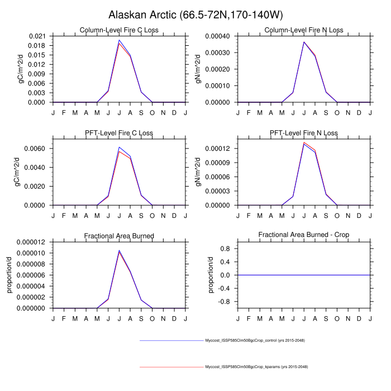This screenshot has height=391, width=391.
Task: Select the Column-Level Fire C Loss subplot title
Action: pyautogui.click(x=119, y=30)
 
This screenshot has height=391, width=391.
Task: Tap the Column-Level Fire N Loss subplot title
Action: pyautogui.click(x=304, y=30)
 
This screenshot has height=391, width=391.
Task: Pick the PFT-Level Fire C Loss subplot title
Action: pyautogui.click(x=119, y=133)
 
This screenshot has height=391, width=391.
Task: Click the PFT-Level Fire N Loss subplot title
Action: pyautogui.click(x=304, y=133)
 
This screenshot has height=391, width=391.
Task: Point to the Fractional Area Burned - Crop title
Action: pyautogui.click(x=304, y=236)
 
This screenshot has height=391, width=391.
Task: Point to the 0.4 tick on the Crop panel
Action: pyautogui.click(x=226, y=262)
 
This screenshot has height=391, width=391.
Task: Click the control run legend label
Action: pyautogui.click(x=255, y=340)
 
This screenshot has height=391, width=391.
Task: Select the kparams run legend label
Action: pyautogui.click(x=256, y=366)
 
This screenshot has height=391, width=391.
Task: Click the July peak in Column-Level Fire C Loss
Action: pyautogui.click(x=119, y=40)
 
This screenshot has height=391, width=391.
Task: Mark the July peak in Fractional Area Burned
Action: pyautogui.click(x=119, y=251)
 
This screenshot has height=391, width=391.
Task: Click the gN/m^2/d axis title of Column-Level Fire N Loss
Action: pyautogui.click(x=198, y=69)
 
